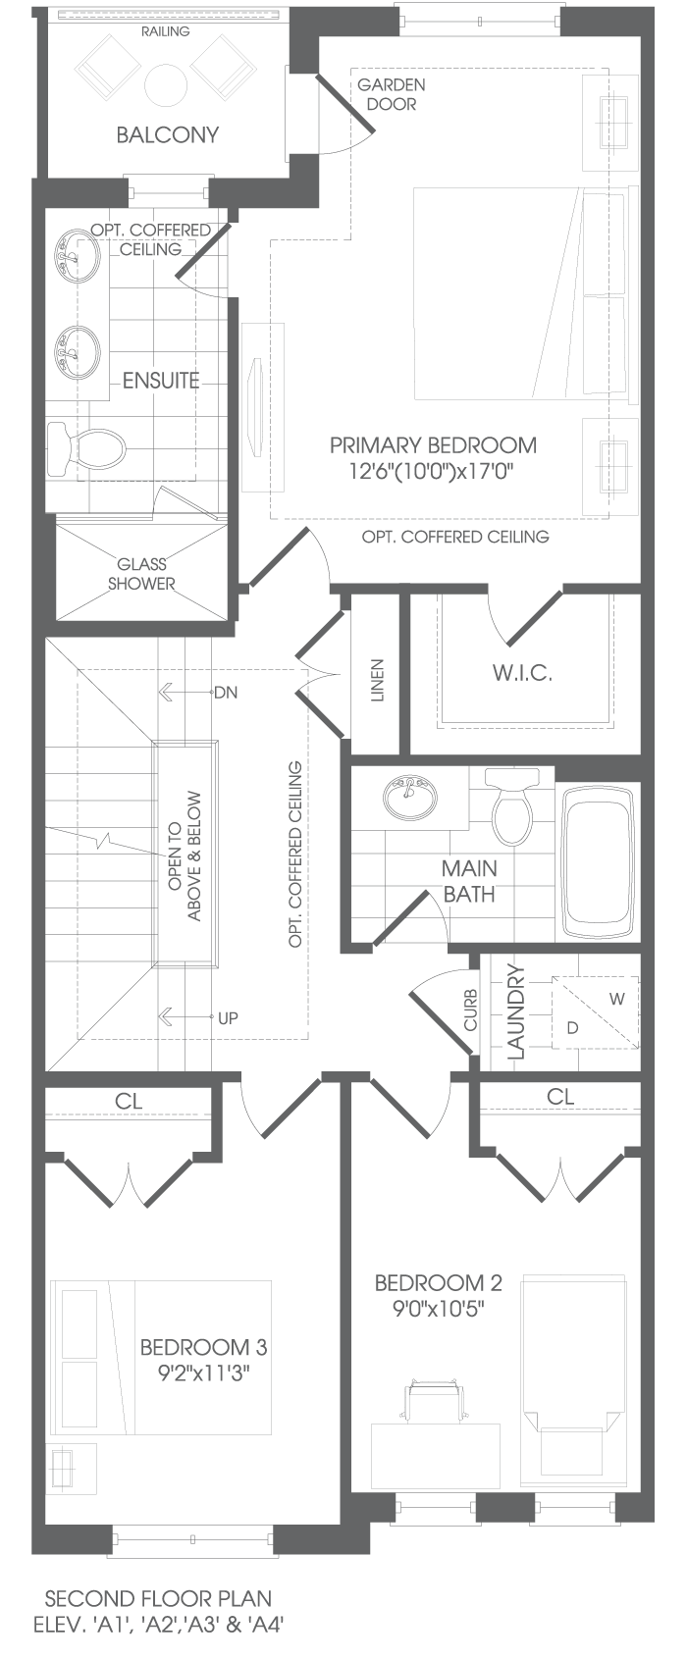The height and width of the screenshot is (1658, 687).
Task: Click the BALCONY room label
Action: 167,134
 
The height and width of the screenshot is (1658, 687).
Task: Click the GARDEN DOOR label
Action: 391,94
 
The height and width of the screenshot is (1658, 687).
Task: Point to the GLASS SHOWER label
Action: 141,574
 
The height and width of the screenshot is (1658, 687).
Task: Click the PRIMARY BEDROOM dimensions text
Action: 433,471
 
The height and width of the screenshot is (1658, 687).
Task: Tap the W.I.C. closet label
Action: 522,673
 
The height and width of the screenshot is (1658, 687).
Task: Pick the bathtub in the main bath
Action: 598,863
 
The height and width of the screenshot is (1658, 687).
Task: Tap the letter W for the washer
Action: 616,999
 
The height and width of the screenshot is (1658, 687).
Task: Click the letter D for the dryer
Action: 572,1027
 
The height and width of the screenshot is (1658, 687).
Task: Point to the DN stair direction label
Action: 226,693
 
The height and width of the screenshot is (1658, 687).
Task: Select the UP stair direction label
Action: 228,1017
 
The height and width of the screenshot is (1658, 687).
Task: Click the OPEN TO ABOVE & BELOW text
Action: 185,855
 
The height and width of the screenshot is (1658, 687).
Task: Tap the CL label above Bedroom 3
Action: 129,1102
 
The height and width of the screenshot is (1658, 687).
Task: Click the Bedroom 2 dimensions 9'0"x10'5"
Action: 439,1310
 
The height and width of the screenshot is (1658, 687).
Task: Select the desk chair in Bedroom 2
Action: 433,1396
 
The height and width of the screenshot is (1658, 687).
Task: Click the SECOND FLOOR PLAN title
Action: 158,1599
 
